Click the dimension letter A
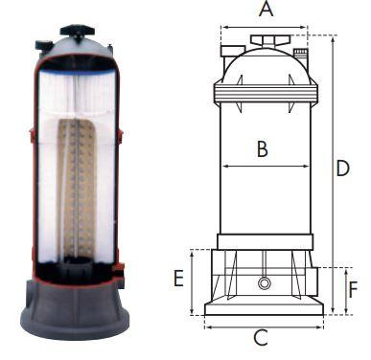(266, 9)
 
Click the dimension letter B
(263, 149)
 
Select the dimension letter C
(261, 338)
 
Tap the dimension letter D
(343, 169)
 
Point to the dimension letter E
(178, 278)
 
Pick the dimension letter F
(353, 289)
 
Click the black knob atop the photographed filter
(78, 32)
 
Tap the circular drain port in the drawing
(264, 283)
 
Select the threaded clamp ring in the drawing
(266, 94)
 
